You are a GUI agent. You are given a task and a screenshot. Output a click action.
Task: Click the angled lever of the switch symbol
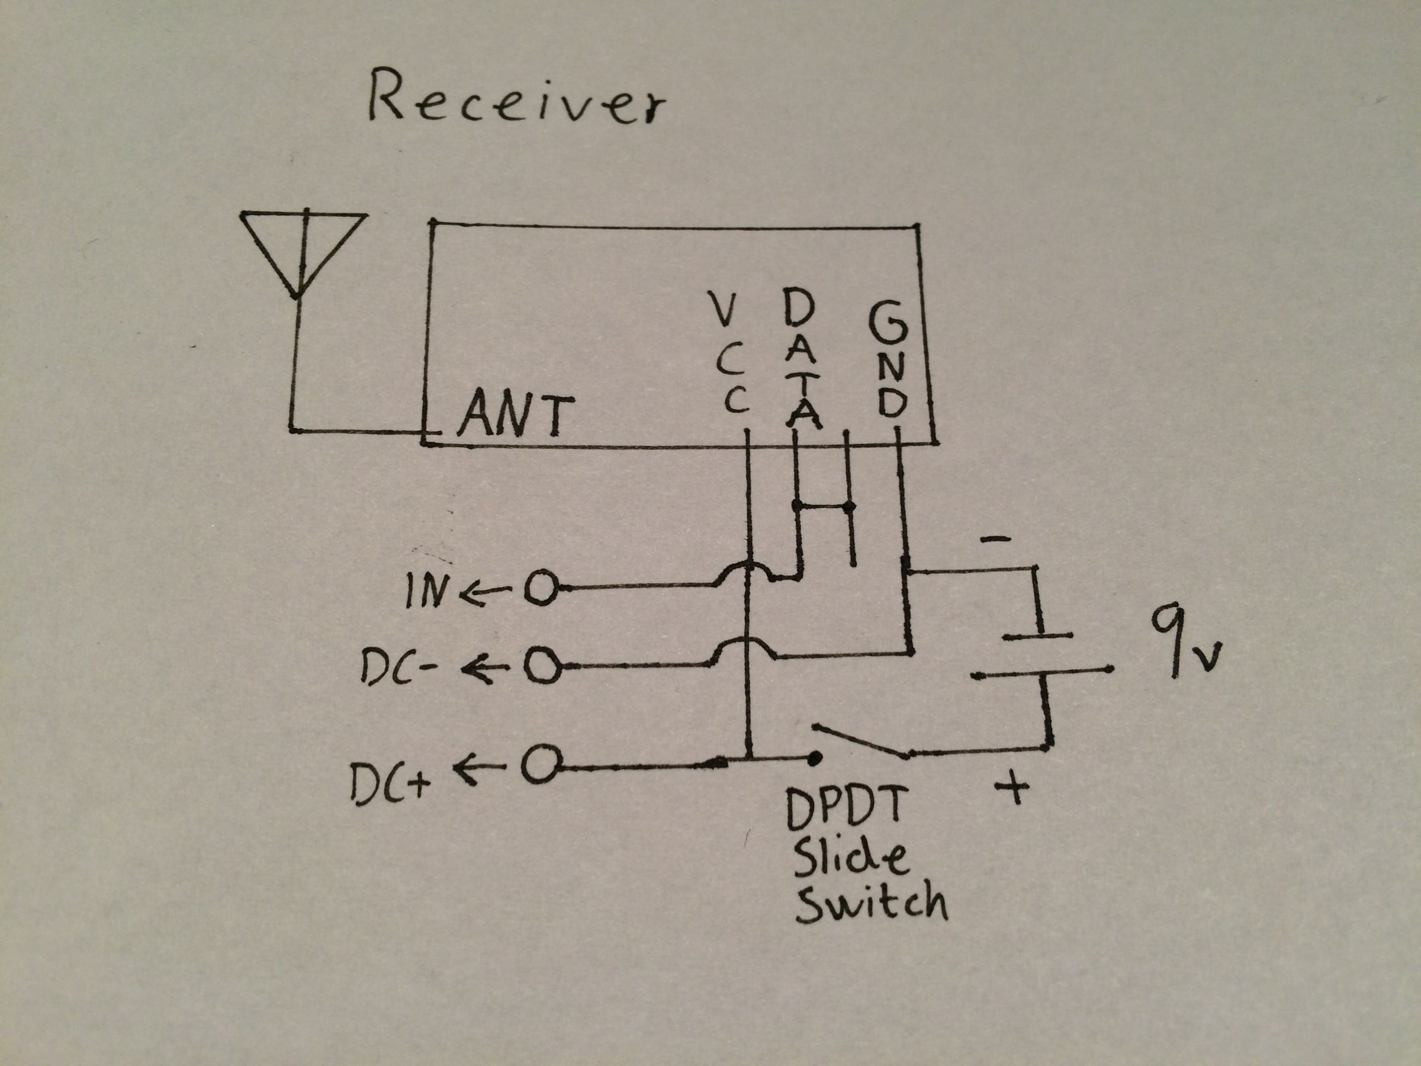[x=861, y=740]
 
